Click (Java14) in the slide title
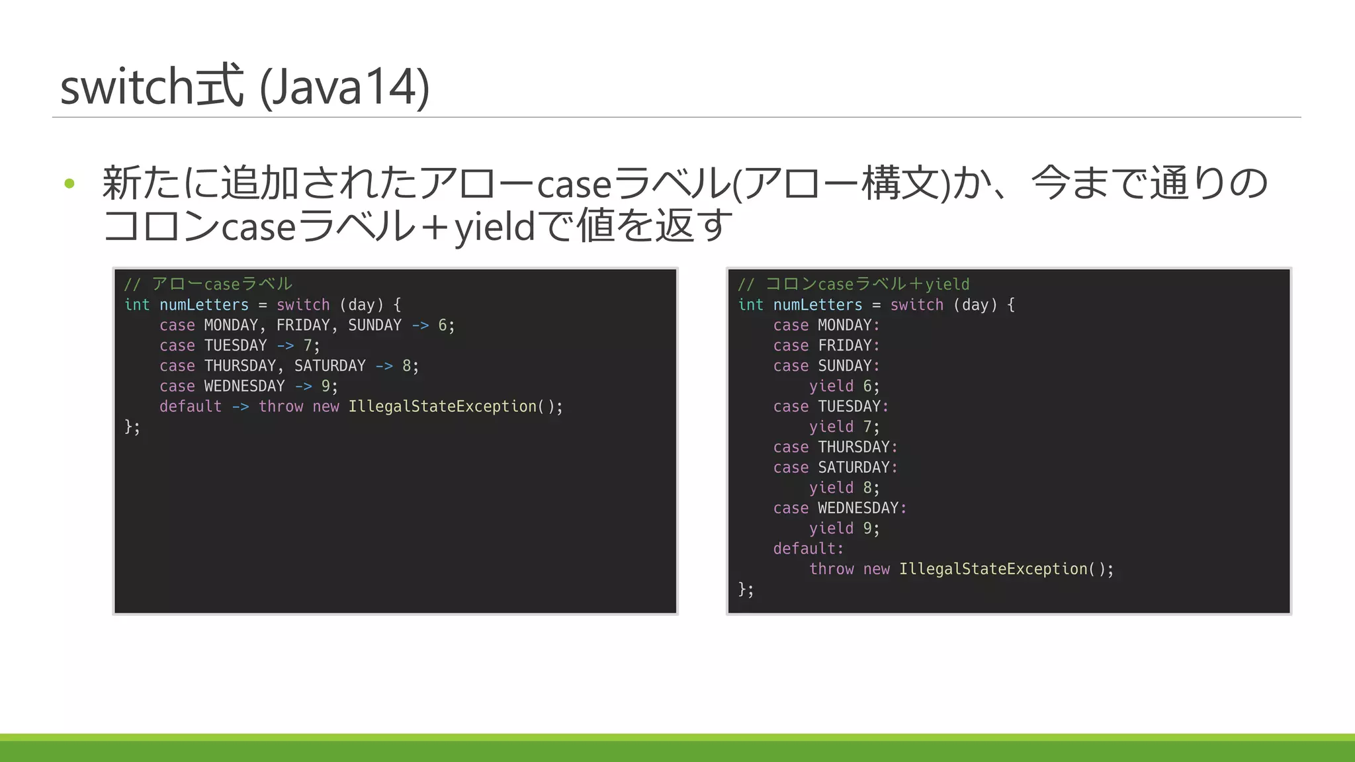click(344, 87)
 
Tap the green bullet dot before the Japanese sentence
click(69, 183)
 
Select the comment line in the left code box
click(208, 284)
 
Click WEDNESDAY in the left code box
click(244, 386)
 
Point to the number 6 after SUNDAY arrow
click(443, 325)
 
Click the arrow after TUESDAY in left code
click(285, 346)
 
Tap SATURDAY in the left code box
click(329, 366)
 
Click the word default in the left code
click(191, 407)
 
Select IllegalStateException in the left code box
click(442, 407)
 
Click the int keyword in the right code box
click(750, 305)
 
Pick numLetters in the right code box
click(818, 305)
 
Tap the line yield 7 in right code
click(844, 427)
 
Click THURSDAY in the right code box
click(853, 447)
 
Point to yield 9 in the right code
click(844, 529)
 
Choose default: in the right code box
click(808, 549)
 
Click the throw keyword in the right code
click(831, 570)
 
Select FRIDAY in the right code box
click(845, 346)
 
